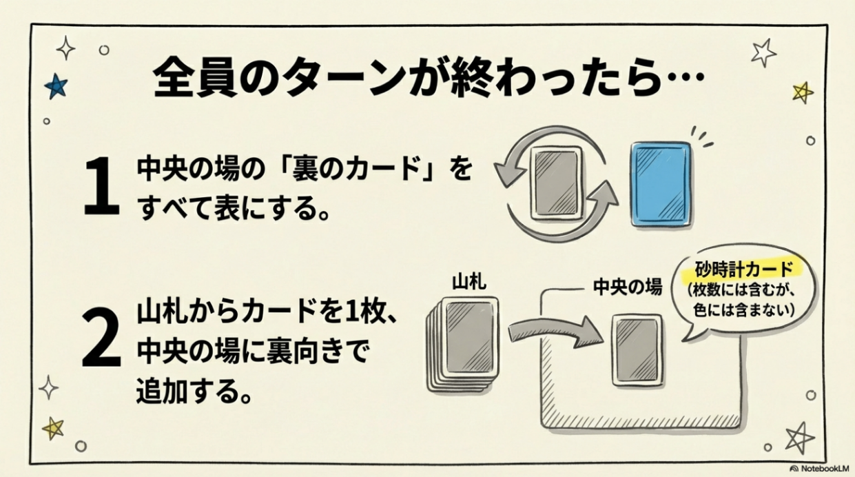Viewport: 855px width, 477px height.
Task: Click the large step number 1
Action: (102, 186)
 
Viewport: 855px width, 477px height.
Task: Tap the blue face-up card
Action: (661, 185)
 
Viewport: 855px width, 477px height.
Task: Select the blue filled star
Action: (56, 86)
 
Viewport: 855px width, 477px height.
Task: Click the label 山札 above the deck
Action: (469, 283)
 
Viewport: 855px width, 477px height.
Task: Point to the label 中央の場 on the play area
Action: (628, 287)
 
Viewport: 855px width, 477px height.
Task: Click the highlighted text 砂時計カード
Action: (743, 270)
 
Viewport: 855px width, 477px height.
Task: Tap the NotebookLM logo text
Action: (821, 468)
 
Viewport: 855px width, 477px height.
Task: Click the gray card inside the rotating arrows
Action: (557, 183)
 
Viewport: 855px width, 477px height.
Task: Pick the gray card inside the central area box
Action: (637, 350)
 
